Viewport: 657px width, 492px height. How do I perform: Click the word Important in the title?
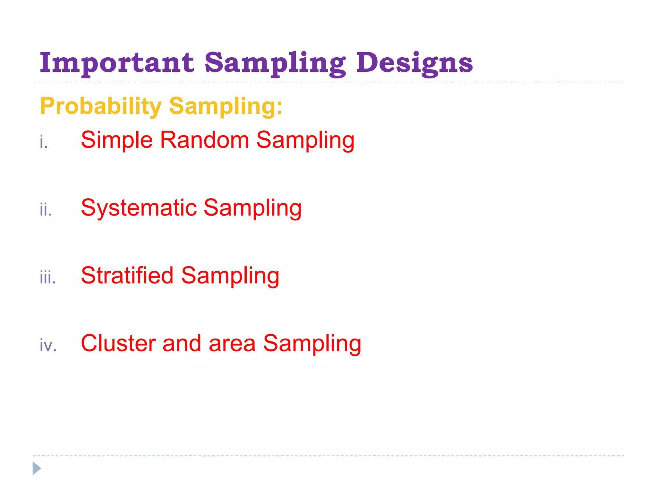[x=117, y=63]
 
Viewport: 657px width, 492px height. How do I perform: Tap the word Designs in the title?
[x=414, y=63]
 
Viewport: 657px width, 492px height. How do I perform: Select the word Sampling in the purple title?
[x=275, y=63]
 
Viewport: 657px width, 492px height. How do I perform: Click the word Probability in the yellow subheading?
[x=101, y=106]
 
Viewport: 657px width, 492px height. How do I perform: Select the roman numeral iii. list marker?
[x=48, y=277]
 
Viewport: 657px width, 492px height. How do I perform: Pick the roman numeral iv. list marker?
[x=48, y=345]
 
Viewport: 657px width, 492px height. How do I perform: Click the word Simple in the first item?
[x=117, y=140]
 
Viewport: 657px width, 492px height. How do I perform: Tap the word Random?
[x=204, y=140]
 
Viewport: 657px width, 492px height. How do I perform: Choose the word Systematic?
[x=139, y=208]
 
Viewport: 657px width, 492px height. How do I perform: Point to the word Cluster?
[x=118, y=343]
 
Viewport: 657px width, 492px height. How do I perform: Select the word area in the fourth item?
[x=232, y=343]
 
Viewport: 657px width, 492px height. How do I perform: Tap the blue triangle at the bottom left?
[x=37, y=468]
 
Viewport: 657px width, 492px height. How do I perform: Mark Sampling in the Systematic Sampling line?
[x=252, y=208]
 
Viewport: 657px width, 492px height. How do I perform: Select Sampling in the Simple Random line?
[x=305, y=140]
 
